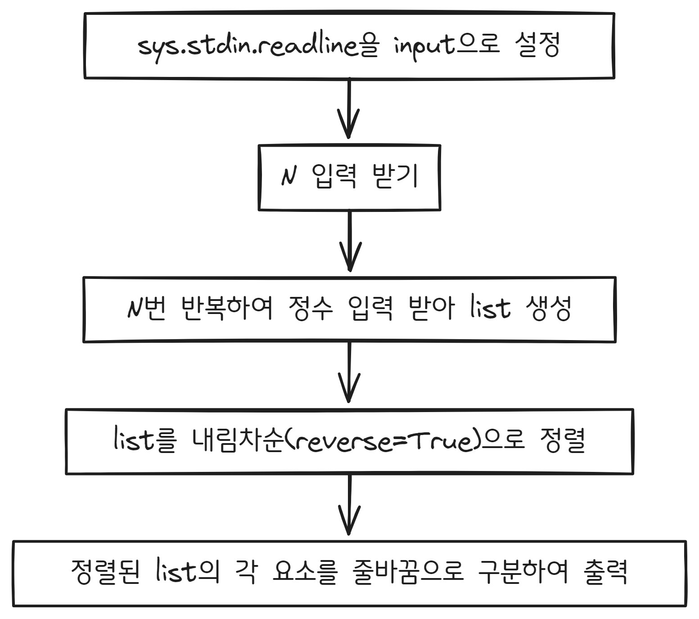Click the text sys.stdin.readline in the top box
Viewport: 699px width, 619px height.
(248, 46)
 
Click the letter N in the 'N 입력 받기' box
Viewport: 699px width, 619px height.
(289, 177)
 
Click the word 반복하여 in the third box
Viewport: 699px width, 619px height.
(227, 309)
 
